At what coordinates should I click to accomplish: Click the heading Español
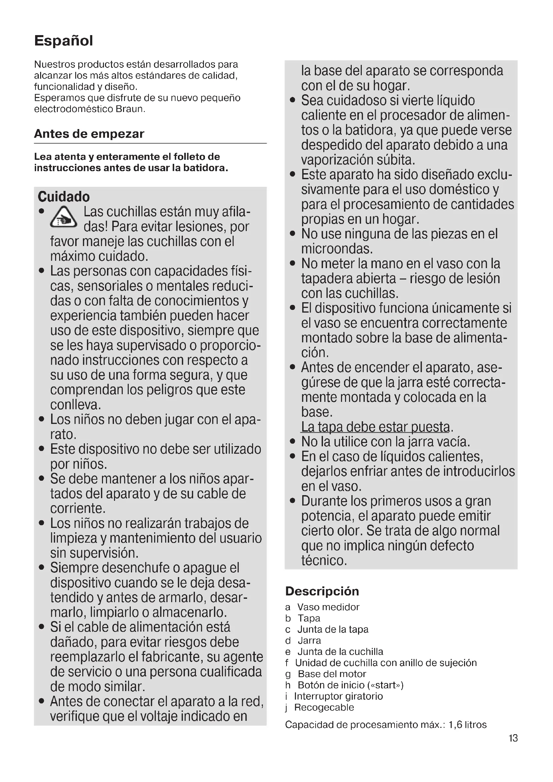pyautogui.click(x=63, y=41)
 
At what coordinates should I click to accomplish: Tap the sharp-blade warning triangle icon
pyautogui.click(x=63, y=218)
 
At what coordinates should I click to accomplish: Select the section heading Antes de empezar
pyautogui.click(x=89, y=134)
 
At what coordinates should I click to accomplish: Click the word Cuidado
pyautogui.click(x=64, y=197)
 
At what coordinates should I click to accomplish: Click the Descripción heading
pyautogui.click(x=322, y=591)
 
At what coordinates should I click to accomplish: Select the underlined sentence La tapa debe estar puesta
pyautogui.click(x=375, y=427)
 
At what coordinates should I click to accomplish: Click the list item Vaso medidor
pyautogui.click(x=328, y=607)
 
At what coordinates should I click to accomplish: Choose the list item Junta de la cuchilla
pyautogui.click(x=340, y=652)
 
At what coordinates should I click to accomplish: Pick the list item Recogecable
pyautogui.click(x=324, y=707)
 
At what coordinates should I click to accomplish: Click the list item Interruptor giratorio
pyautogui.click(x=338, y=696)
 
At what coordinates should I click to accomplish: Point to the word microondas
pyautogui.click(x=337, y=249)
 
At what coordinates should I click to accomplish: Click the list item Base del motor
pyautogui.click(x=332, y=674)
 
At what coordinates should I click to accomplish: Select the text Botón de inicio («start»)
pyautogui.click(x=350, y=685)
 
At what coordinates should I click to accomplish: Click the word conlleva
pyautogui.click(x=76, y=405)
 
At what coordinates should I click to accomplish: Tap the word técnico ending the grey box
pyautogui.click(x=324, y=561)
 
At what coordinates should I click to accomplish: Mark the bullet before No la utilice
pyautogui.click(x=293, y=442)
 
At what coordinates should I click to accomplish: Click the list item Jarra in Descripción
pyautogui.click(x=309, y=641)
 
